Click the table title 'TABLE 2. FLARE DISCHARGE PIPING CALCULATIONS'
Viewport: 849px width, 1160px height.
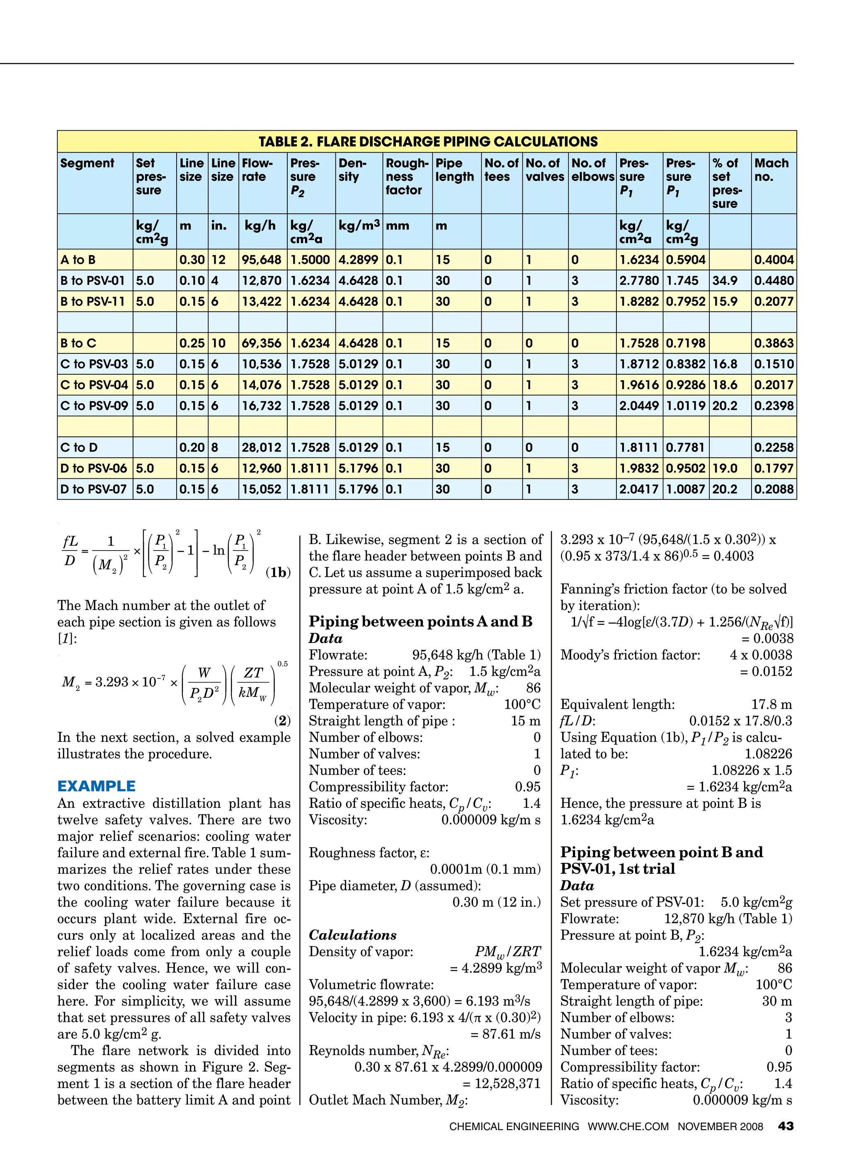point(427,141)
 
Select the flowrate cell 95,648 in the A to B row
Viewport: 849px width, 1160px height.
point(262,260)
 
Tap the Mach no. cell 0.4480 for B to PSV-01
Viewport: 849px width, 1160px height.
point(774,281)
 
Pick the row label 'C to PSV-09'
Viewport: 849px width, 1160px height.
point(94,406)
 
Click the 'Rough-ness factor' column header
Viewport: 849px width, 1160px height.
point(407,176)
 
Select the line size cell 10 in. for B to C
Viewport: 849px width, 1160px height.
point(218,343)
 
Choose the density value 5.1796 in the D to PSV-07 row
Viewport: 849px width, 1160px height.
point(358,489)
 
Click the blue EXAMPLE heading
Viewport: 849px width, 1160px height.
point(97,786)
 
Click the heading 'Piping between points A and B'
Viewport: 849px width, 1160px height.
point(420,621)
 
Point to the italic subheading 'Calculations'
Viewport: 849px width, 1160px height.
point(352,935)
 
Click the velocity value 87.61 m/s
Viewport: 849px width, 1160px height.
point(511,1034)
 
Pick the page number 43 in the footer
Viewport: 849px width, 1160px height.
point(785,1126)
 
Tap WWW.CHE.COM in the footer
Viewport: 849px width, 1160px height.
point(628,1126)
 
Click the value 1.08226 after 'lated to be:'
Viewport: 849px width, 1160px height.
point(768,754)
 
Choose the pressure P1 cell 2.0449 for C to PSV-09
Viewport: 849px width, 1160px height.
point(639,406)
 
